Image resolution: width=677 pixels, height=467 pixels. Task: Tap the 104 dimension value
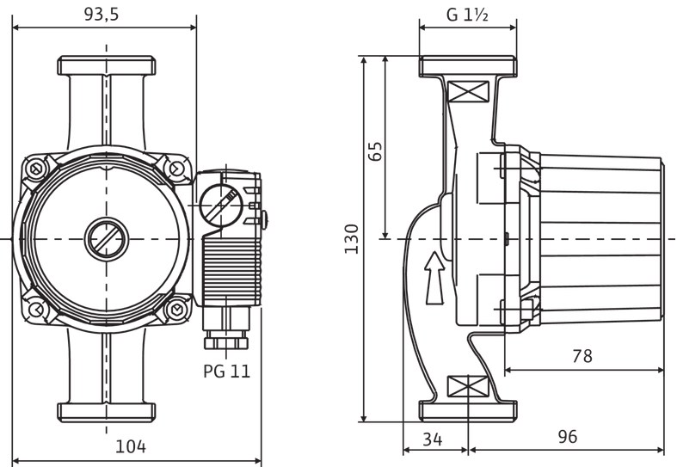(131, 446)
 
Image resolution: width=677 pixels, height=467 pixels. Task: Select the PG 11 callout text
(227, 372)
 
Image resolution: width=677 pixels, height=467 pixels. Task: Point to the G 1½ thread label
(467, 14)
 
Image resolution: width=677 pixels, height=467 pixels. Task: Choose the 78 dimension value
(582, 356)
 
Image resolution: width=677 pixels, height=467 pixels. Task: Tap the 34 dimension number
(433, 439)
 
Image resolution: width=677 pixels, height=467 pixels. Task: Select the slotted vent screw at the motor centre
(107, 237)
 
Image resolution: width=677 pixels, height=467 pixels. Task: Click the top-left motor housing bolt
(36, 169)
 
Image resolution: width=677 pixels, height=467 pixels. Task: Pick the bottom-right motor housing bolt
(177, 307)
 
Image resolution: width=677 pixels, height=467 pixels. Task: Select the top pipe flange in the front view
(106, 65)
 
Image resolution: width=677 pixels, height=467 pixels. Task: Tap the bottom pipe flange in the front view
(106, 411)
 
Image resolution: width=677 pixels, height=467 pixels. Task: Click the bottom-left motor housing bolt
(36, 307)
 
